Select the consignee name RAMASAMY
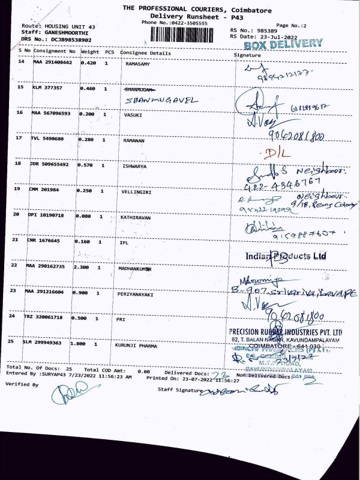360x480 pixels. pyautogui.click(x=137, y=63)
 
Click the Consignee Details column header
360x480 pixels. pyautogui.click(x=146, y=53)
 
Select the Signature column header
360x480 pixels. pyautogui.click(x=247, y=55)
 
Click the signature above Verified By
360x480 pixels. pyautogui.click(x=67, y=394)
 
